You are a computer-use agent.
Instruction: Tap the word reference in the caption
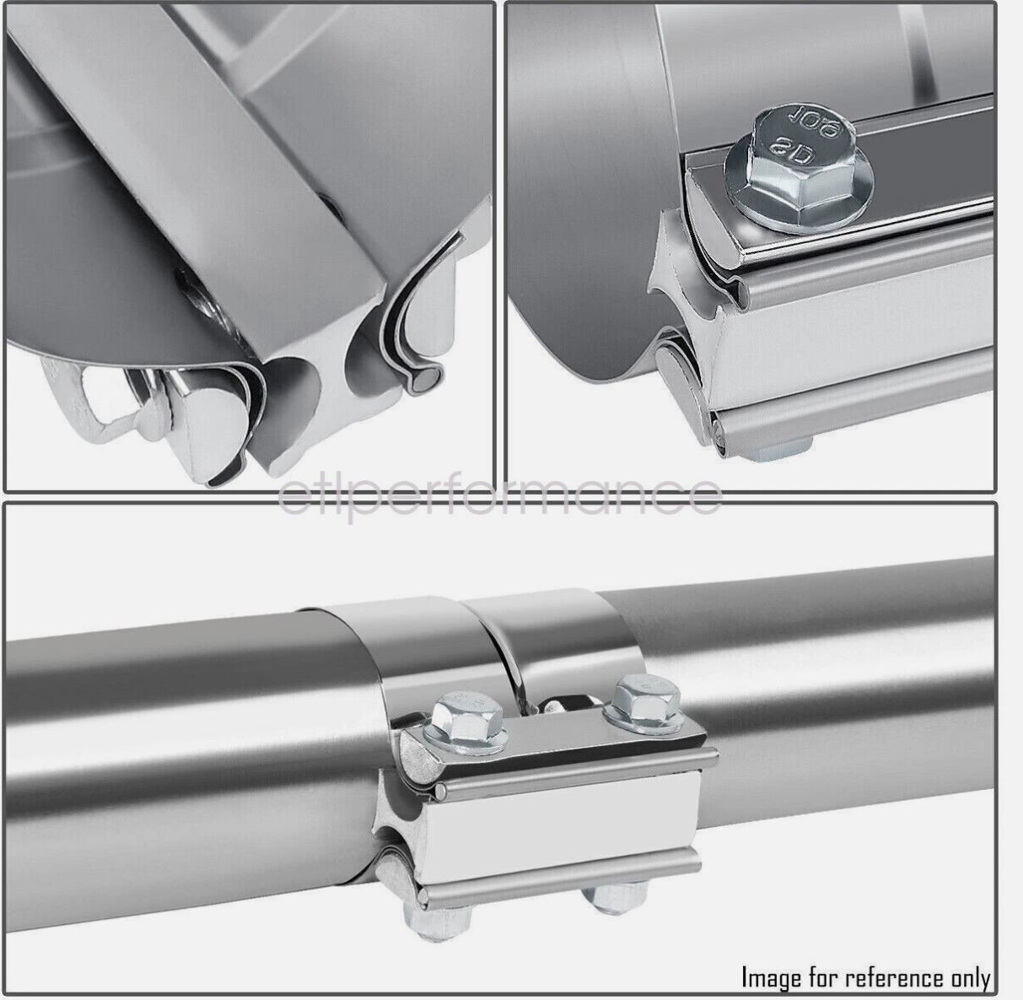895,977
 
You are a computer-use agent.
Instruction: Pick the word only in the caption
970,977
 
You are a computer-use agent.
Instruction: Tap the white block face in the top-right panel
852,338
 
